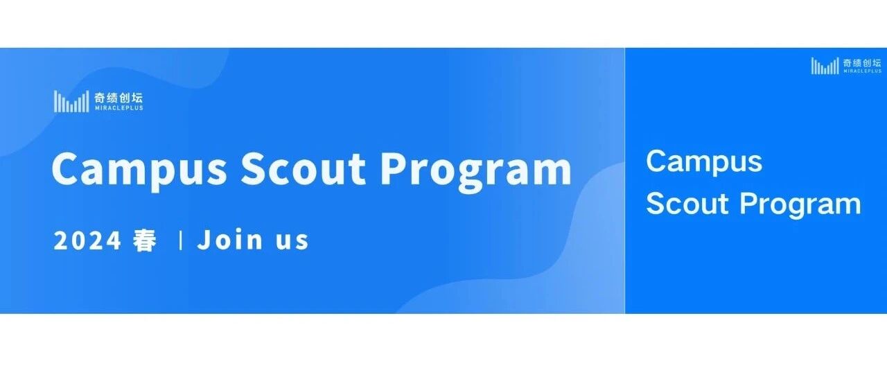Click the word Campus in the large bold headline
pyautogui.click(x=139, y=170)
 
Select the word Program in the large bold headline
pyautogui.click(x=475, y=170)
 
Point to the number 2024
pyautogui.click(x=87, y=240)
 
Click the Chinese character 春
pyautogui.click(x=145, y=240)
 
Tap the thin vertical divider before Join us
pyautogui.click(x=181, y=240)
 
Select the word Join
pyautogui.click(x=230, y=240)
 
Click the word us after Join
pyautogui.click(x=292, y=241)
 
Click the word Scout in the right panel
pyautogui.click(x=687, y=204)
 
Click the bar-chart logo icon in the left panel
pyautogui.click(x=71, y=101)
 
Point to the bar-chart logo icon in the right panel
pyautogui.click(x=825, y=66)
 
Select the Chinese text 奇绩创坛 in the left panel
pyautogui.click(x=118, y=98)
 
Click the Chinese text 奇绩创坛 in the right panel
pyautogui.click(x=862, y=63)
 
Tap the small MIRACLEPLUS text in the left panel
pyautogui.click(x=118, y=107)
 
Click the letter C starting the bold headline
pyautogui.click(x=64, y=168)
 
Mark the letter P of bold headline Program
pyautogui.click(x=394, y=168)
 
